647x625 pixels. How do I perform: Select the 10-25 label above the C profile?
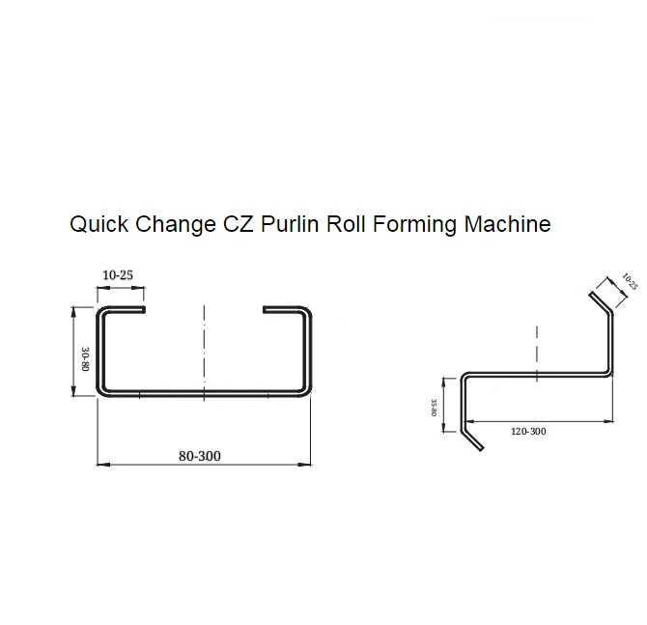117,275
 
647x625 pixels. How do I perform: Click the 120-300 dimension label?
528,432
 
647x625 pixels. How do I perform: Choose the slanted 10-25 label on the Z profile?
630,281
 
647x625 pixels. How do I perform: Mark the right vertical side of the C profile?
309,354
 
